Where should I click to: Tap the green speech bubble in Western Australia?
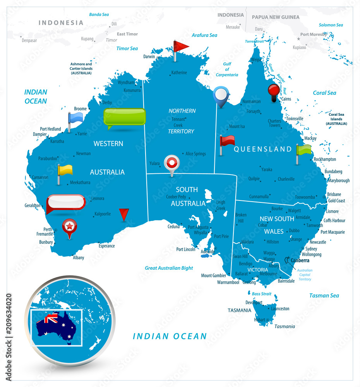click(125, 117)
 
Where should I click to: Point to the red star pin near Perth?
click(70, 226)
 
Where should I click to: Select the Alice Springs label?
click(195, 154)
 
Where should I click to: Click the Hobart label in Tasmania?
click(260, 320)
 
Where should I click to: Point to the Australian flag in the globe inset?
click(55, 326)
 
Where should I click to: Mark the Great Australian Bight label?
click(169, 268)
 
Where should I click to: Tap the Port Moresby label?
click(314, 34)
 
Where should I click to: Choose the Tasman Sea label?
click(324, 296)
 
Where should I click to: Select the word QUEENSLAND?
click(263, 149)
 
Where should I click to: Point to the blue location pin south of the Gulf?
click(220, 95)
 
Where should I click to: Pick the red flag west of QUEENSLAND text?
click(226, 141)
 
